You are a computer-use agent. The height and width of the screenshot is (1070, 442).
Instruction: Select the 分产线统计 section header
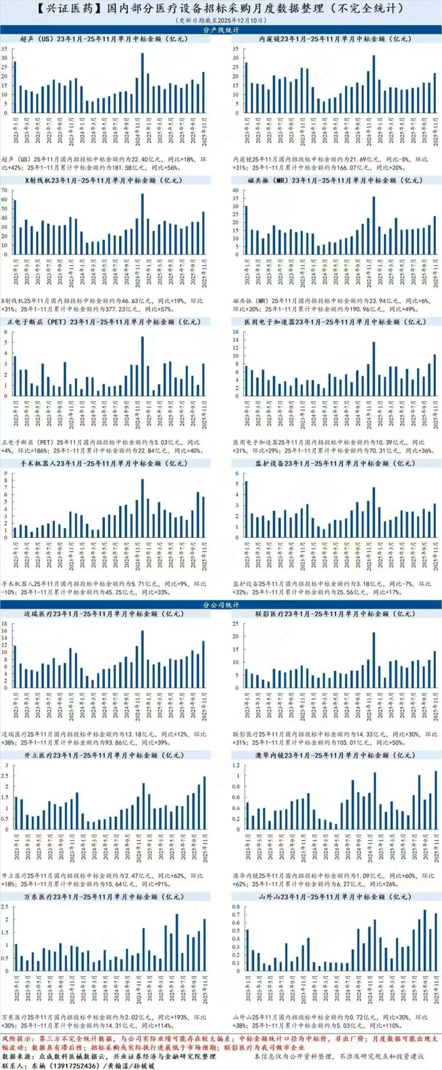click(x=220, y=29)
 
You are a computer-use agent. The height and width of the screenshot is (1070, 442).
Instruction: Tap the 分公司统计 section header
click(x=220, y=605)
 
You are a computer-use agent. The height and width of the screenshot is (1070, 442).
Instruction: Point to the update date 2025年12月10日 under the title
click(x=233, y=19)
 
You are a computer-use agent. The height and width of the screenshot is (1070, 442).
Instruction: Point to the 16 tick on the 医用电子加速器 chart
click(x=236, y=332)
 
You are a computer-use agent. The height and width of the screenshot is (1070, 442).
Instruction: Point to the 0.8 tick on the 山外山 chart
click(x=235, y=906)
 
